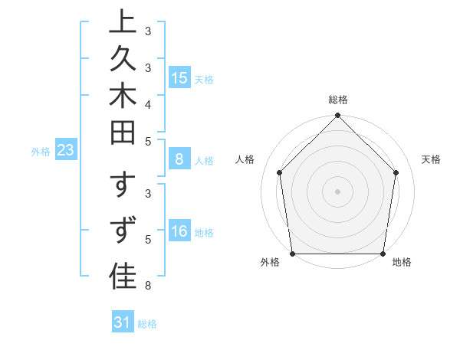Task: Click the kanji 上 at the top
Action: pyautogui.click(x=123, y=22)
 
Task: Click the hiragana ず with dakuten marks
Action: pyautogui.click(x=123, y=230)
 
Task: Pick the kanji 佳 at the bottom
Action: pyautogui.click(x=123, y=277)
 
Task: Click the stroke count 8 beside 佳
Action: pyautogui.click(x=148, y=286)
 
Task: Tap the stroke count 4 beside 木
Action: pyautogui.click(x=148, y=103)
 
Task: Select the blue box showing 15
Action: pyautogui.click(x=179, y=78)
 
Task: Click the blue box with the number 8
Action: pyautogui.click(x=179, y=159)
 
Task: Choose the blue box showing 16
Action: pyautogui.click(x=179, y=231)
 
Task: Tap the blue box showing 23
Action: pyautogui.click(x=66, y=151)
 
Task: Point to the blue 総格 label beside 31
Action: pyautogui.click(x=147, y=323)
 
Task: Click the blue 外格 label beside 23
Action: pyautogui.click(x=41, y=152)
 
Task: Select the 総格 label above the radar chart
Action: pyautogui.click(x=338, y=100)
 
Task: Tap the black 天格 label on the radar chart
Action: pyautogui.click(x=432, y=159)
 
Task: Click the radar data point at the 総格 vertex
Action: pyautogui.click(x=338, y=116)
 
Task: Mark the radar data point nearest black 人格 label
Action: pyautogui.click(x=280, y=172)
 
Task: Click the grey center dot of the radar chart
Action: pyautogui.click(x=338, y=191)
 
